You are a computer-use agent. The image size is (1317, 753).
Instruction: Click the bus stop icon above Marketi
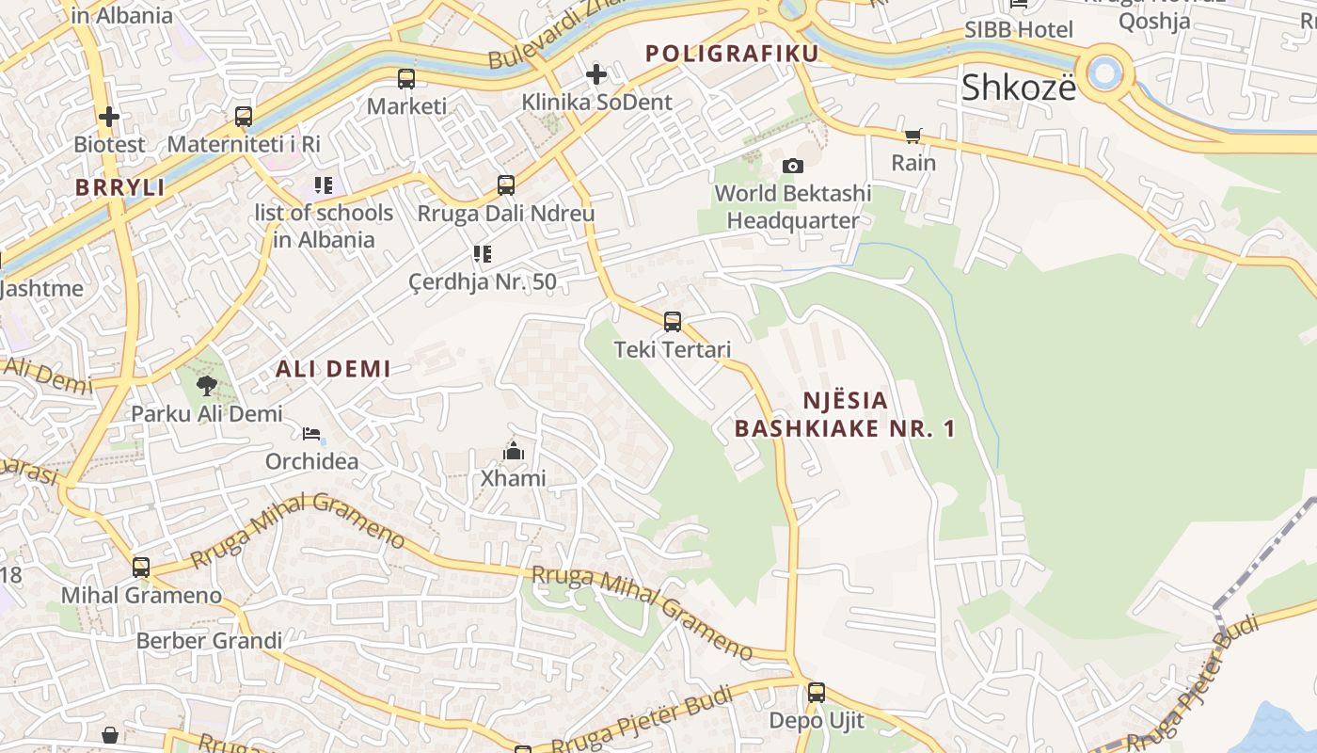coord(406,79)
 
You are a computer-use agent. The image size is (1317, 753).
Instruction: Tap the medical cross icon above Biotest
coord(109,117)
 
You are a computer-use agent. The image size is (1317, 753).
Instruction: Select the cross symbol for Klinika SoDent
coord(595,73)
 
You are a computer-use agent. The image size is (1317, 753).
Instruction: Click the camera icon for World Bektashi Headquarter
coord(793,166)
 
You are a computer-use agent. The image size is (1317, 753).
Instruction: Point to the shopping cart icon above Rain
coord(913,136)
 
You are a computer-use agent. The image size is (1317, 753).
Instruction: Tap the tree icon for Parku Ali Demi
coord(206,385)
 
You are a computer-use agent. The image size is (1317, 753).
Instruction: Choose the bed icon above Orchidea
coord(311,434)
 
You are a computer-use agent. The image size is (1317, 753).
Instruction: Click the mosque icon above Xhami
coord(513,451)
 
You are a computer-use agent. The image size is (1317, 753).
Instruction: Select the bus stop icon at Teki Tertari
coord(673,322)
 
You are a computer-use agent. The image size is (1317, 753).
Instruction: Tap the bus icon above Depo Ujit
coord(816,693)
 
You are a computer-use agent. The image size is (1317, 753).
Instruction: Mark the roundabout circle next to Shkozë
coord(1104,72)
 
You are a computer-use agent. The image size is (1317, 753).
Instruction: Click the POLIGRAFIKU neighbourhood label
coord(732,54)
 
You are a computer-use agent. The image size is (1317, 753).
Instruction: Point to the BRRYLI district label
coord(119,187)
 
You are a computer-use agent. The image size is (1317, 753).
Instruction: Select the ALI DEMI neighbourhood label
coord(333,369)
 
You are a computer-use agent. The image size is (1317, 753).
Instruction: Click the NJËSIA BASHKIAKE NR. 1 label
coord(845,414)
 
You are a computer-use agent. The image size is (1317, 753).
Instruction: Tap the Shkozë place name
coord(1018,88)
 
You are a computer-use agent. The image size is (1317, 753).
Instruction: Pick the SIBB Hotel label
coord(1018,29)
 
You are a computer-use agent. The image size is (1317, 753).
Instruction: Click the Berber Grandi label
coord(209,641)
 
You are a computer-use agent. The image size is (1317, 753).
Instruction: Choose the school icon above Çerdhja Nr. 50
coord(482,254)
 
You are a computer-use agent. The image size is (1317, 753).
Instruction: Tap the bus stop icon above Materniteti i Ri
coord(244,117)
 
